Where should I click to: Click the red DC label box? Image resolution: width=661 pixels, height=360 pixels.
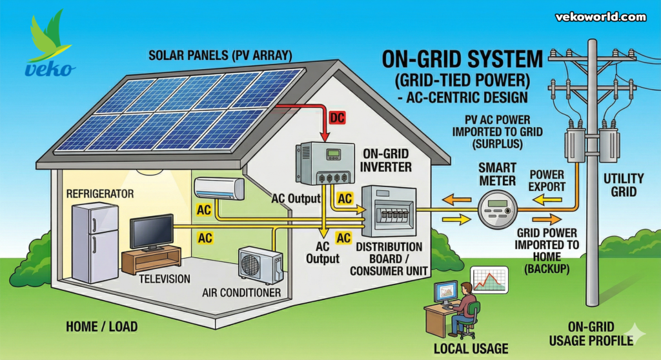pyautogui.click(x=336, y=118)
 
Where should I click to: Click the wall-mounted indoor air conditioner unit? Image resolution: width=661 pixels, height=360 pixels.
pyautogui.click(x=219, y=188)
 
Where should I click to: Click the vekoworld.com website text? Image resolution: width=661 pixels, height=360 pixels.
pyautogui.click(x=600, y=17)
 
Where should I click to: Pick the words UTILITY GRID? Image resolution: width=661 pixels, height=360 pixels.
pyautogui.click(x=623, y=185)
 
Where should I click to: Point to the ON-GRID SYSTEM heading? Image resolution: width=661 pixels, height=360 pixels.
pyautogui.click(x=462, y=61)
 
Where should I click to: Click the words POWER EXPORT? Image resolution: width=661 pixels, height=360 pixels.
pyautogui.click(x=547, y=181)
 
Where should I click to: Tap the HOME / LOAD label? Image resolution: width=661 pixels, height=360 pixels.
pyautogui.click(x=101, y=326)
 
